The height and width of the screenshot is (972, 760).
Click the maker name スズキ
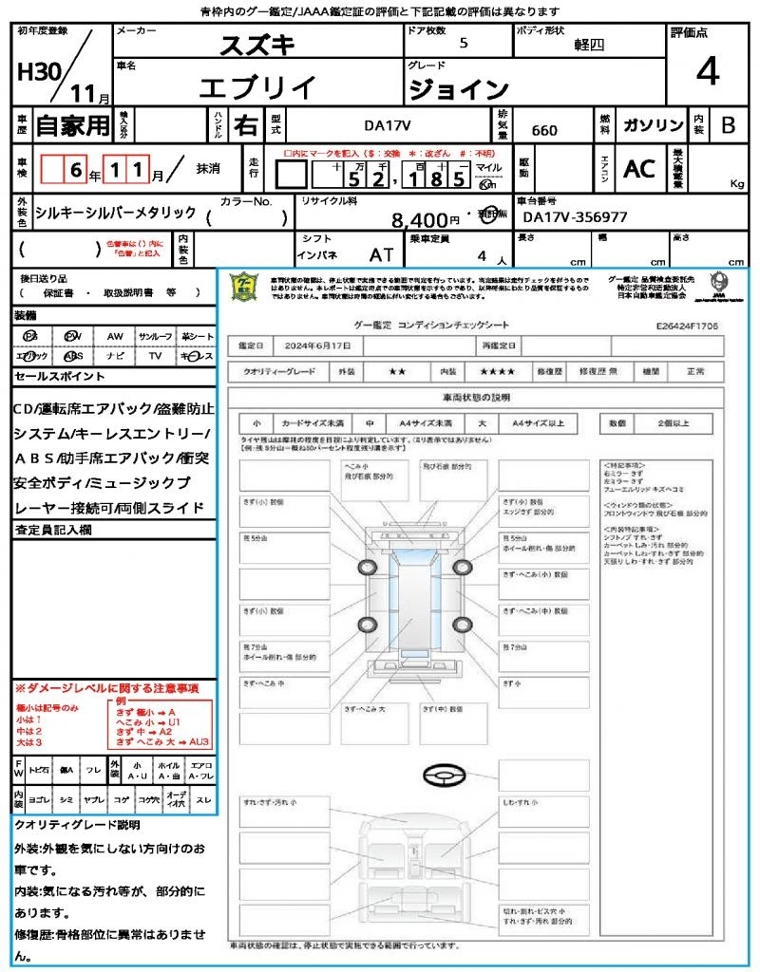257,45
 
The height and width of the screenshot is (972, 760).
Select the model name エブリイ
257,87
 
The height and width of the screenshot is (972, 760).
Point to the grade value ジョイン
458,89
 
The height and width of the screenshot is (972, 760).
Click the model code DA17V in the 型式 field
389,124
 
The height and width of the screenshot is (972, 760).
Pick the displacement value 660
544,130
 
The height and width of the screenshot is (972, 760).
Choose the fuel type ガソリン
652,125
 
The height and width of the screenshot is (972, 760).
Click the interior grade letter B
728,125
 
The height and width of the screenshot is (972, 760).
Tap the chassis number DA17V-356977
576,216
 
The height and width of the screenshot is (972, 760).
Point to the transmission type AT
382,255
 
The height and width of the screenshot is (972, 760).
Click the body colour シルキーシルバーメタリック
115,213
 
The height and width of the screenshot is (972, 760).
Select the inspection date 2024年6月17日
317,345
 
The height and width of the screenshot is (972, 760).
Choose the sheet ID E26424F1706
687,325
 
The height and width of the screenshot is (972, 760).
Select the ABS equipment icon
71,356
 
